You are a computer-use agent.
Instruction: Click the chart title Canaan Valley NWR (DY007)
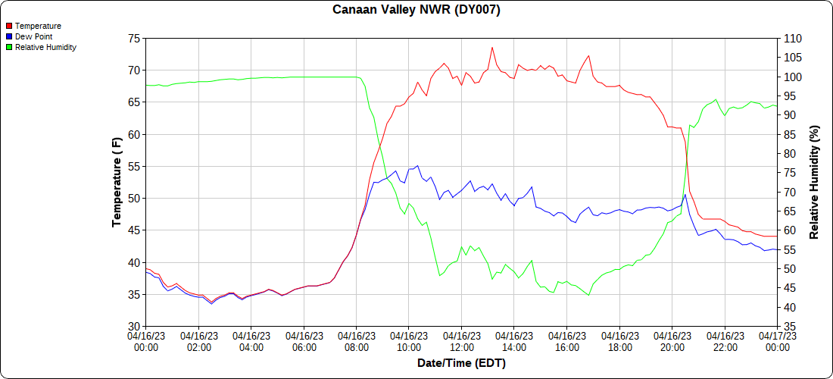[x=416, y=10]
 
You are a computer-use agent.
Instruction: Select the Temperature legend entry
[x=38, y=26]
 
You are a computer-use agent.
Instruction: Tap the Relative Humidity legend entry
[x=45, y=47]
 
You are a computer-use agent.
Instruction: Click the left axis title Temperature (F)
[x=117, y=182]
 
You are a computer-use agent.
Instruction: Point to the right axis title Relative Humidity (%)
[x=815, y=182]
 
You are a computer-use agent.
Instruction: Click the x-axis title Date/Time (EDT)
[x=461, y=363]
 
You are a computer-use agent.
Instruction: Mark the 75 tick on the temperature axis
[x=133, y=39]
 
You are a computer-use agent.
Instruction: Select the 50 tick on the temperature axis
[x=133, y=199]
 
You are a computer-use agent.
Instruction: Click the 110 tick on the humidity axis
[x=791, y=39]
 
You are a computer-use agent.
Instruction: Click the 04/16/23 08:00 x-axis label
[x=356, y=341]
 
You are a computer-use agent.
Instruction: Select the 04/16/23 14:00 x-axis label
[x=514, y=341]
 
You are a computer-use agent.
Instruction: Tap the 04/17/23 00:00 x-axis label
[x=777, y=341]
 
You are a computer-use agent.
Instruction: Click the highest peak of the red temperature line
[x=492, y=47]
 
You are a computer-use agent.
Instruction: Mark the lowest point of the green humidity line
[x=588, y=295]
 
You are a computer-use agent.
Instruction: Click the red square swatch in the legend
[x=9, y=26]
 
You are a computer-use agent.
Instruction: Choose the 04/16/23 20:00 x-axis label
[x=672, y=341]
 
